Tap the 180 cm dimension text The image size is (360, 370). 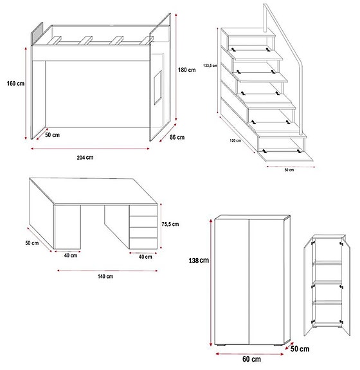pyautogui.click(x=188, y=70)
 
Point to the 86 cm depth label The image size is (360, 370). pyautogui.click(x=177, y=137)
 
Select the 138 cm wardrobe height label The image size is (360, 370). pyautogui.click(x=199, y=261)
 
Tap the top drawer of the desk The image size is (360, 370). pyautogui.click(x=143, y=210)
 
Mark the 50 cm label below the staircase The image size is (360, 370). pyautogui.click(x=289, y=170)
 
